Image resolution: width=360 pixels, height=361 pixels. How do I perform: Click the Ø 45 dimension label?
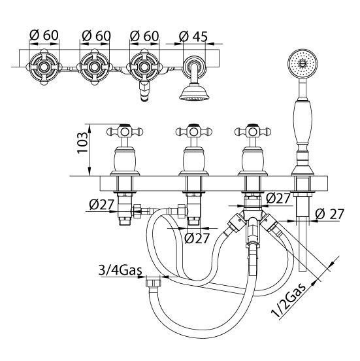193,37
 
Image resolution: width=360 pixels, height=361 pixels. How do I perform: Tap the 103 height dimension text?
82,143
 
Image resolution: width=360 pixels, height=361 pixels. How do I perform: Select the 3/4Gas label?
120,270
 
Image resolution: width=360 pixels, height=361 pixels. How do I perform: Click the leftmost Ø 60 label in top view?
44,35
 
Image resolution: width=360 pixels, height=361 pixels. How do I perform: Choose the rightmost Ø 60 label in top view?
144,36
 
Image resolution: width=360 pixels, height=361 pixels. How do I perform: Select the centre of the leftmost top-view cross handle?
44,67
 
